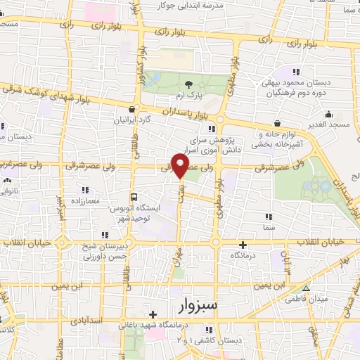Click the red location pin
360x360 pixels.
181,166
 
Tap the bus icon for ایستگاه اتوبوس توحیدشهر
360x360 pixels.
134,197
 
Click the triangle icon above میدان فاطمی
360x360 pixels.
305,288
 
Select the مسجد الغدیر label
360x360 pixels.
326,124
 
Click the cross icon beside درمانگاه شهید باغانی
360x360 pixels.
153,314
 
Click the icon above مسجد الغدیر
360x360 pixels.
328,114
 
